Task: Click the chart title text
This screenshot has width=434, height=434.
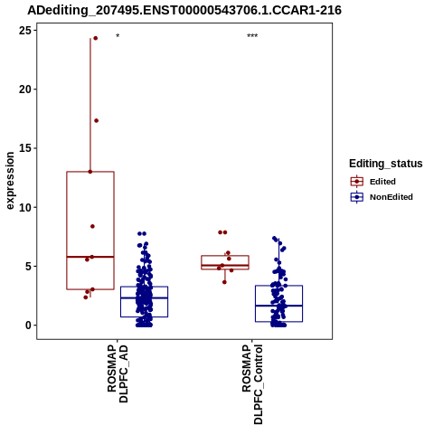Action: click(184, 10)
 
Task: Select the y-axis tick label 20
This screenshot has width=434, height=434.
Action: click(25, 90)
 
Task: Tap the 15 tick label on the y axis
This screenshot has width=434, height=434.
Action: click(25, 148)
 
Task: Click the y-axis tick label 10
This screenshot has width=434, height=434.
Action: click(25, 207)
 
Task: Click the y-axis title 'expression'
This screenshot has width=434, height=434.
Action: click(10, 181)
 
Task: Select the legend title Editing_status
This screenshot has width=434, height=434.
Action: click(386, 164)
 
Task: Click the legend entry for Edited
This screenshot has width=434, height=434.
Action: click(373, 182)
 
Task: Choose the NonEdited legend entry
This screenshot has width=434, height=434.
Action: click(382, 197)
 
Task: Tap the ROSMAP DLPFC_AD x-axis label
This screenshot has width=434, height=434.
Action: click(118, 373)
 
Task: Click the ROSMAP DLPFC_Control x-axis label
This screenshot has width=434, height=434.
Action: click(252, 384)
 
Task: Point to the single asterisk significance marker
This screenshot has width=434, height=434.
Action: click(118, 36)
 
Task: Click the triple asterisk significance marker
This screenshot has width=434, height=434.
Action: click(252, 36)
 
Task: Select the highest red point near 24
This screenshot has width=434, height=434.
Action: click(96, 38)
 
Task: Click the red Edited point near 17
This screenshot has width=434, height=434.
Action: click(96, 120)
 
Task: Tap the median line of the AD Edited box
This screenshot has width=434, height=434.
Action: click(90, 257)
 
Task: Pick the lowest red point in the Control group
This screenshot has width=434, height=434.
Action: click(224, 282)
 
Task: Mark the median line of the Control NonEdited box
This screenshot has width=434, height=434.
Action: click(278, 306)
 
